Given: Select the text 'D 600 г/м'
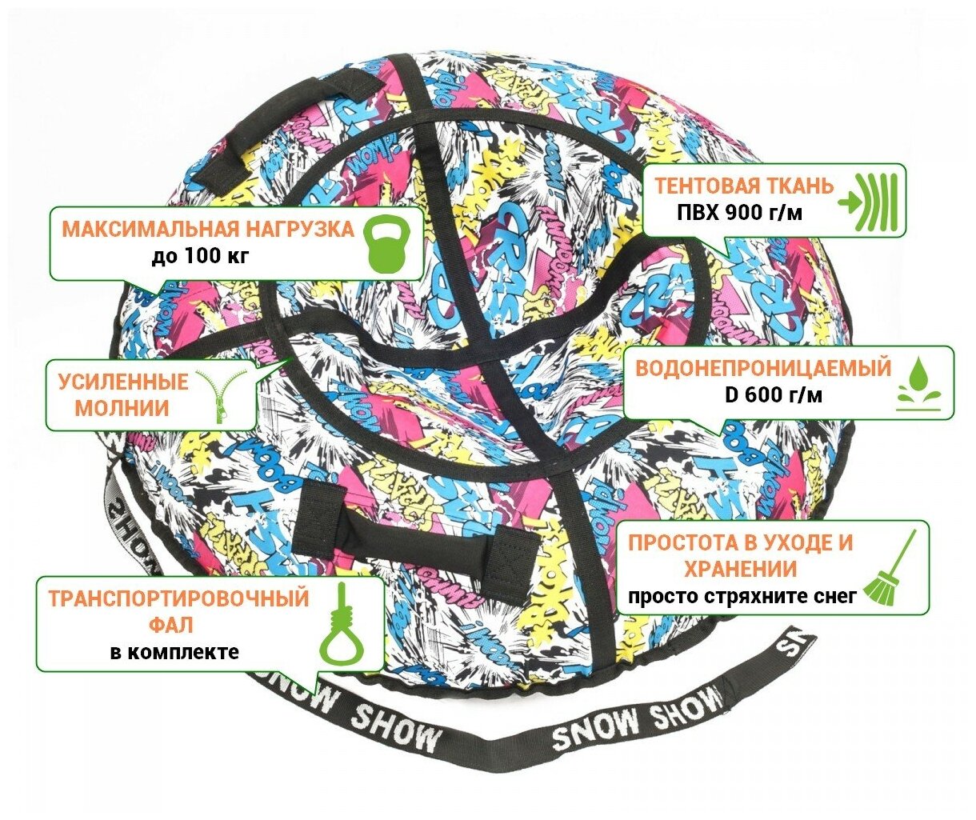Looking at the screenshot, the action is pos(764,395).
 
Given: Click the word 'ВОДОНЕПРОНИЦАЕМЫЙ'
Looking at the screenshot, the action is pos(762,369).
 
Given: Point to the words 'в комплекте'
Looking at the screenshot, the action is pos(174,651).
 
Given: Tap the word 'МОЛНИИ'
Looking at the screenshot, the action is pos(122,408).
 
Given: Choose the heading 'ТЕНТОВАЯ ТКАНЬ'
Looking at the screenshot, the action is pos(744,186).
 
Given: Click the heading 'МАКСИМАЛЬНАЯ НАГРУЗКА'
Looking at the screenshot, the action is pos(207,230).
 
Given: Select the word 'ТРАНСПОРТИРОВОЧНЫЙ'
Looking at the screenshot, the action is pos(178,599).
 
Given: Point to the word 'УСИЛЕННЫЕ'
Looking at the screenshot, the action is pos(122,382).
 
